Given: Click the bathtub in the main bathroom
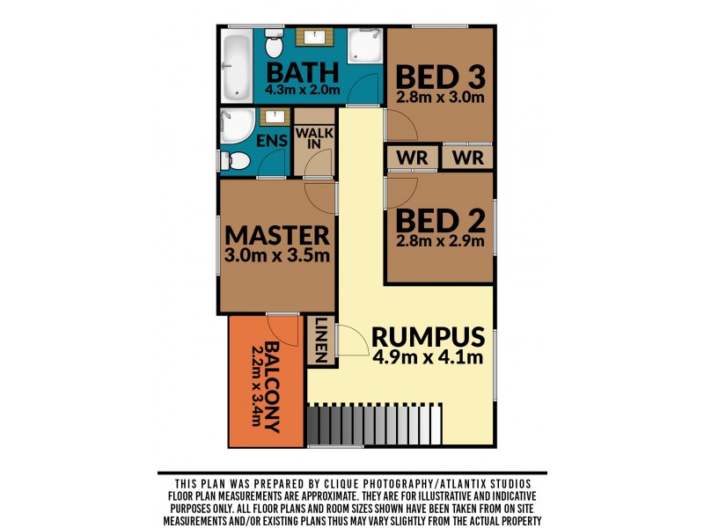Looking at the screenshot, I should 236,66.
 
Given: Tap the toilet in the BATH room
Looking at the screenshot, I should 274,40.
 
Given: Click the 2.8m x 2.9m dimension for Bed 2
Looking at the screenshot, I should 439,240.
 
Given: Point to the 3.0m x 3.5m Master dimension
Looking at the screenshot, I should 277,256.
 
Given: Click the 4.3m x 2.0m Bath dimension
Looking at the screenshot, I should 303,89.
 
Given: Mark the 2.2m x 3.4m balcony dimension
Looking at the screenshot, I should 256,385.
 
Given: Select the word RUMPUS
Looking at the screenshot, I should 428,337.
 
